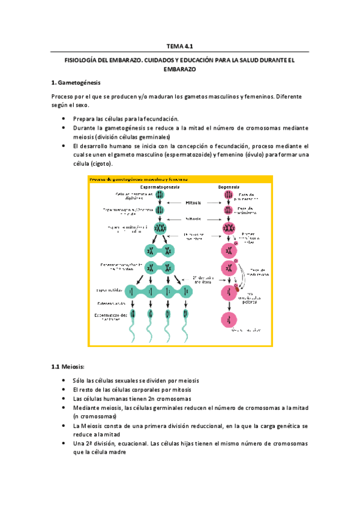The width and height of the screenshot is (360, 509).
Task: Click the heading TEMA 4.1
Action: click(x=179, y=45)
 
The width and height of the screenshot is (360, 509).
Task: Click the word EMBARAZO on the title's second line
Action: click(x=179, y=69)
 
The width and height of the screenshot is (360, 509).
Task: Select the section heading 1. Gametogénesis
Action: click(x=76, y=82)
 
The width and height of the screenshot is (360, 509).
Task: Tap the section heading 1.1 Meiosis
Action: click(x=68, y=366)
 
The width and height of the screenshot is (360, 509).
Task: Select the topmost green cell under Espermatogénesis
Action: click(x=160, y=195)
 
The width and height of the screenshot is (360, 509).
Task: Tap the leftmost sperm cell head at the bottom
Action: click(x=133, y=313)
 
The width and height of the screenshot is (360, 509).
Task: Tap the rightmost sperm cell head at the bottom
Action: click(x=187, y=313)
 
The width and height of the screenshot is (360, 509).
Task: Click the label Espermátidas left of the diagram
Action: click(x=110, y=291)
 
